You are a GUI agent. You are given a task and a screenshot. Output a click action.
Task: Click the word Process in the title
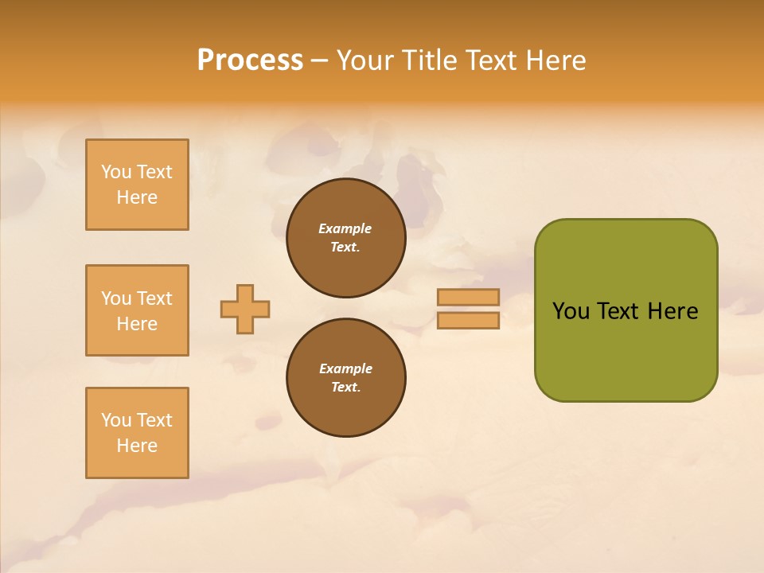tap(250, 60)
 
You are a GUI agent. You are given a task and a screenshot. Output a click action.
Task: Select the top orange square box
tap(137, 185)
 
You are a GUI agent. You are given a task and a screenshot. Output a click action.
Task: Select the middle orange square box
tap(137, 310)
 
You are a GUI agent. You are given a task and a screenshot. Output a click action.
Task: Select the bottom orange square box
tap(137, 433)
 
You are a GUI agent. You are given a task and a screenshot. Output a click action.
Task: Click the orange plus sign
tap(245, 309)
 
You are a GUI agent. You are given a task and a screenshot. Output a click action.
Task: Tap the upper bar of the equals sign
tap(469, 297)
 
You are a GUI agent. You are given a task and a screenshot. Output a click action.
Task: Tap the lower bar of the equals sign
tap(469, 320)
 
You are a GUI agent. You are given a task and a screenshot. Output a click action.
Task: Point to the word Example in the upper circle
tap(345, 228)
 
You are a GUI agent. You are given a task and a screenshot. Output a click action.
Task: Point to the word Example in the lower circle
tap(345, 368)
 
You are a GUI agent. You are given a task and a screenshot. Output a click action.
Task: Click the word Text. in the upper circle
tap(345, 247)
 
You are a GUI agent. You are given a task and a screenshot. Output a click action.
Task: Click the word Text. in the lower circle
tap(345, 387)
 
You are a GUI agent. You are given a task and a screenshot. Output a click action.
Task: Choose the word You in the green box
tap(571, 311)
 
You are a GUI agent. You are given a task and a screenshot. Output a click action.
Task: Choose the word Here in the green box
tap(672, 311)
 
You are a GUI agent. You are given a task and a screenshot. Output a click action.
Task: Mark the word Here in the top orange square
tap(137, 197)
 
